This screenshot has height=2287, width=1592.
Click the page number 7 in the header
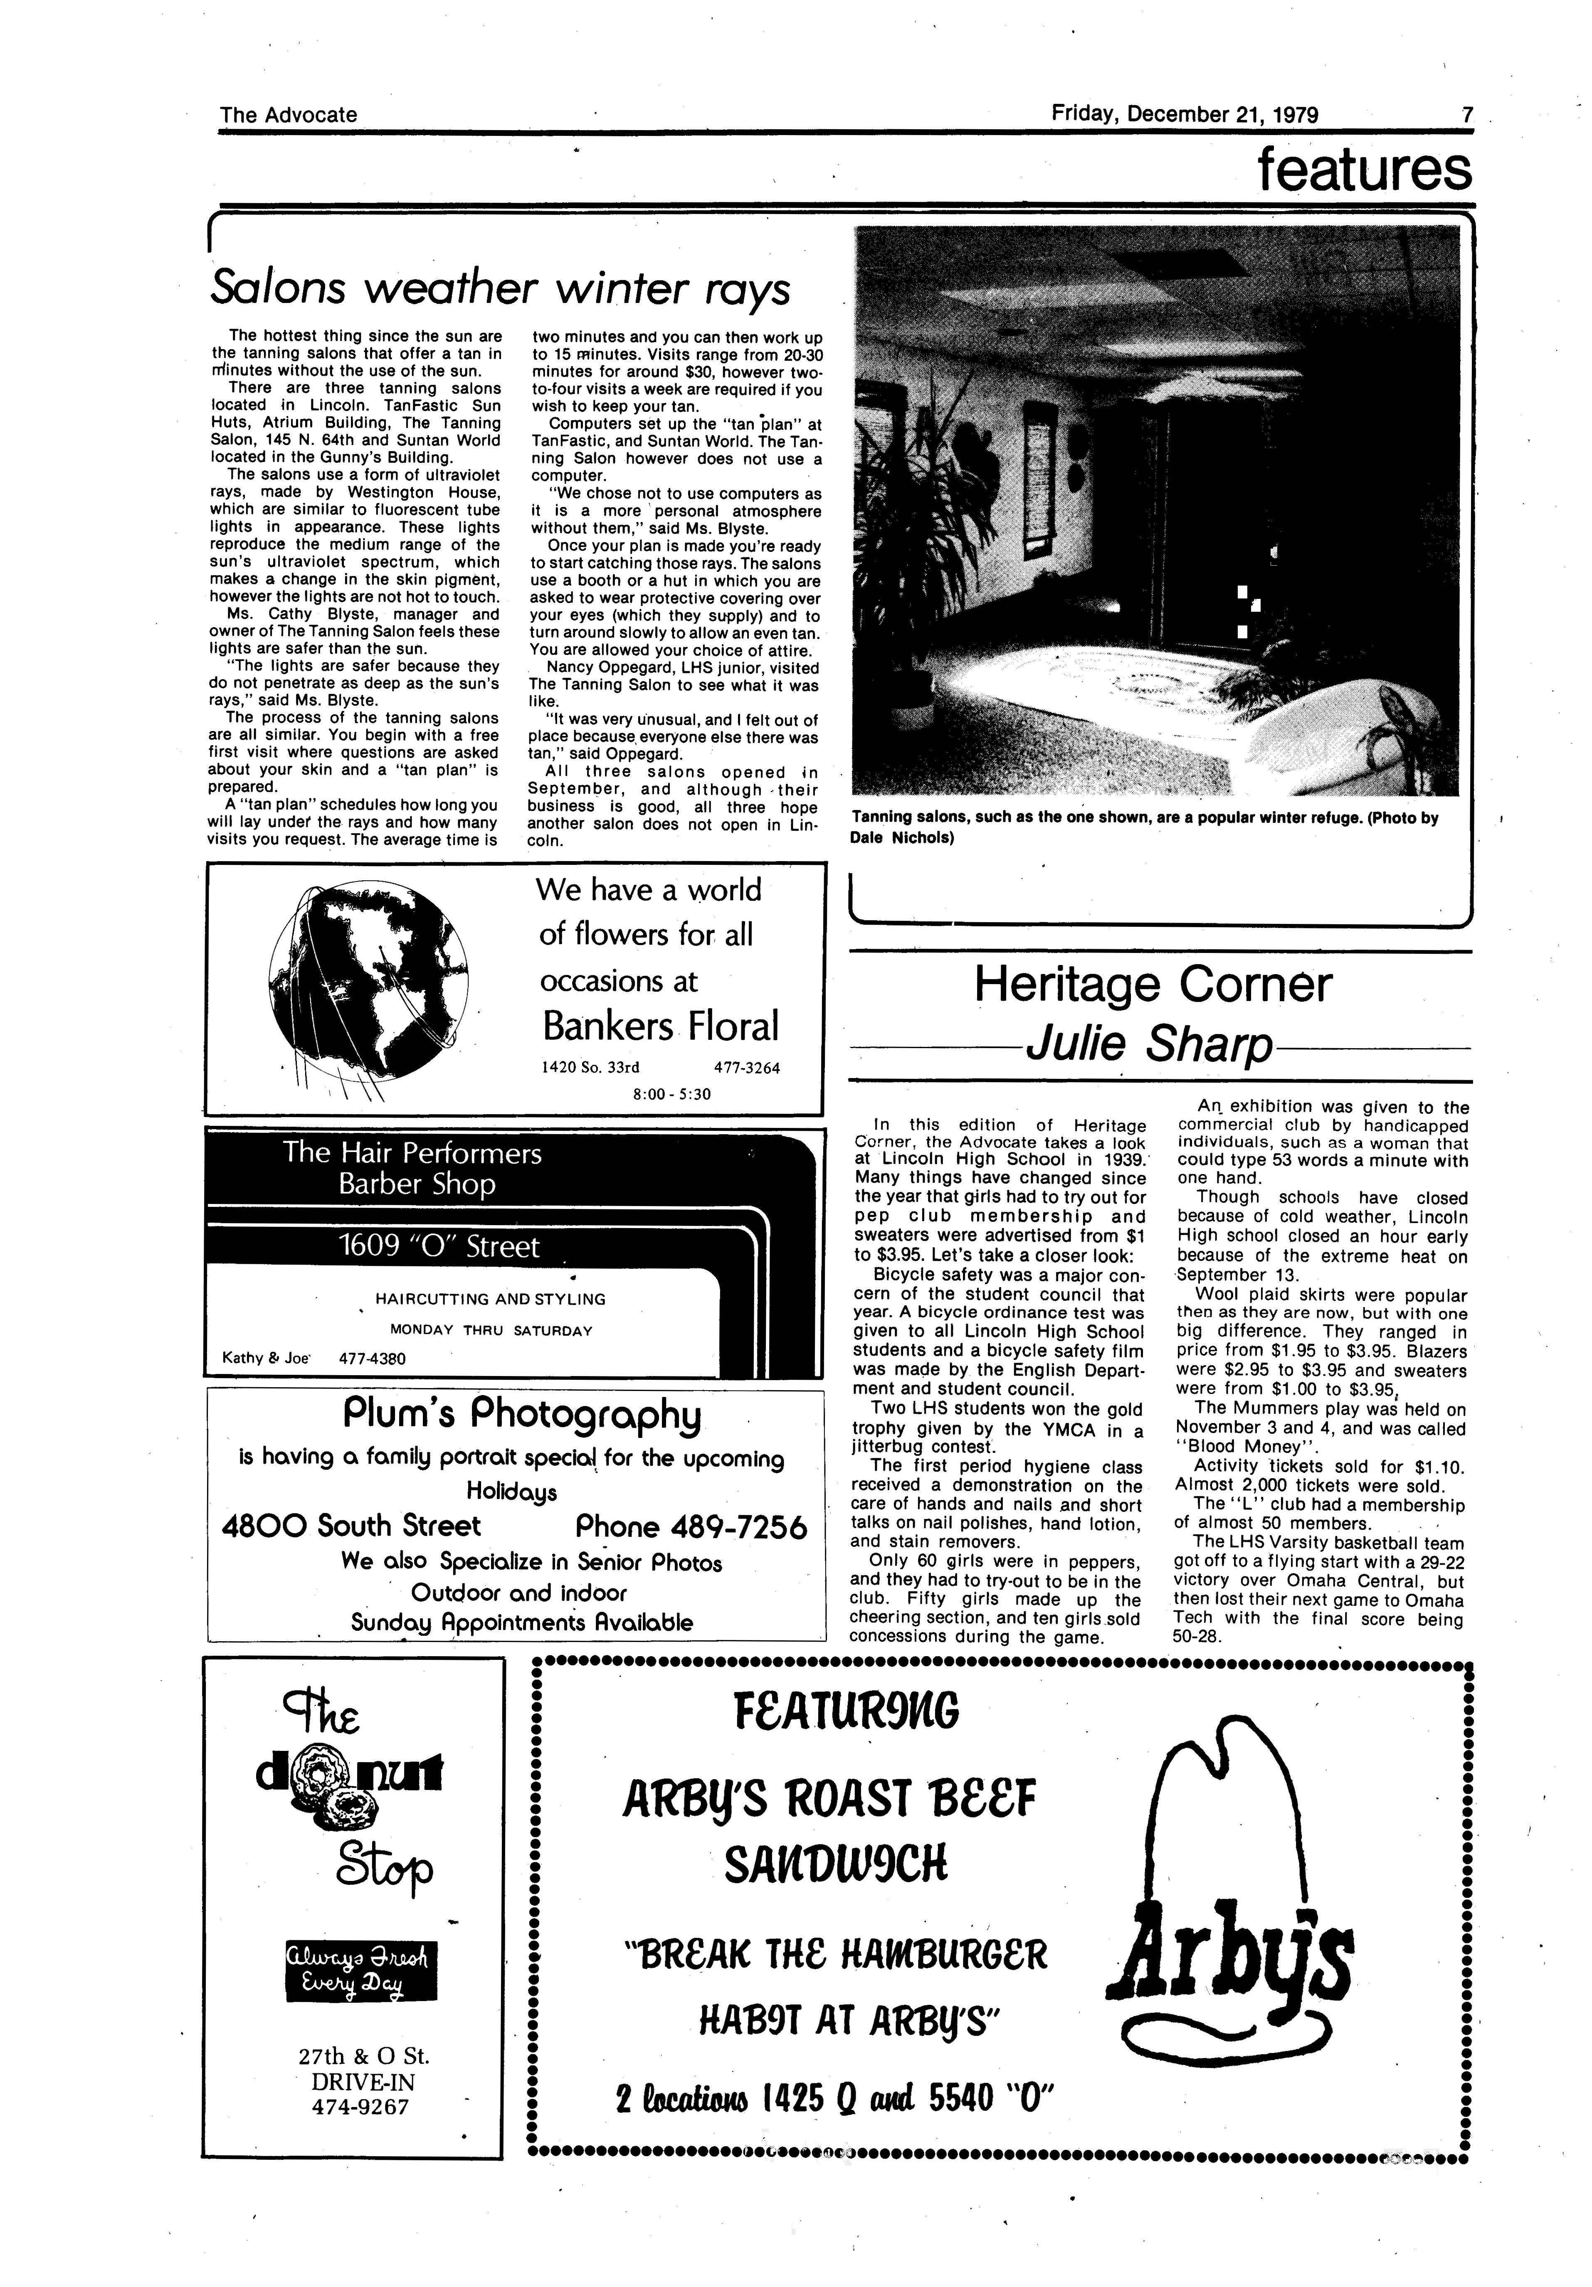tap(1466, 115)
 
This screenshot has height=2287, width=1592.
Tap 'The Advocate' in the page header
tap(288, 115)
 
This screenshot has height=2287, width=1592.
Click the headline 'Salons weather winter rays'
tap(500, 289)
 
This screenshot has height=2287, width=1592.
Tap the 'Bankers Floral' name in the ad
tap(659, 1026)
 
